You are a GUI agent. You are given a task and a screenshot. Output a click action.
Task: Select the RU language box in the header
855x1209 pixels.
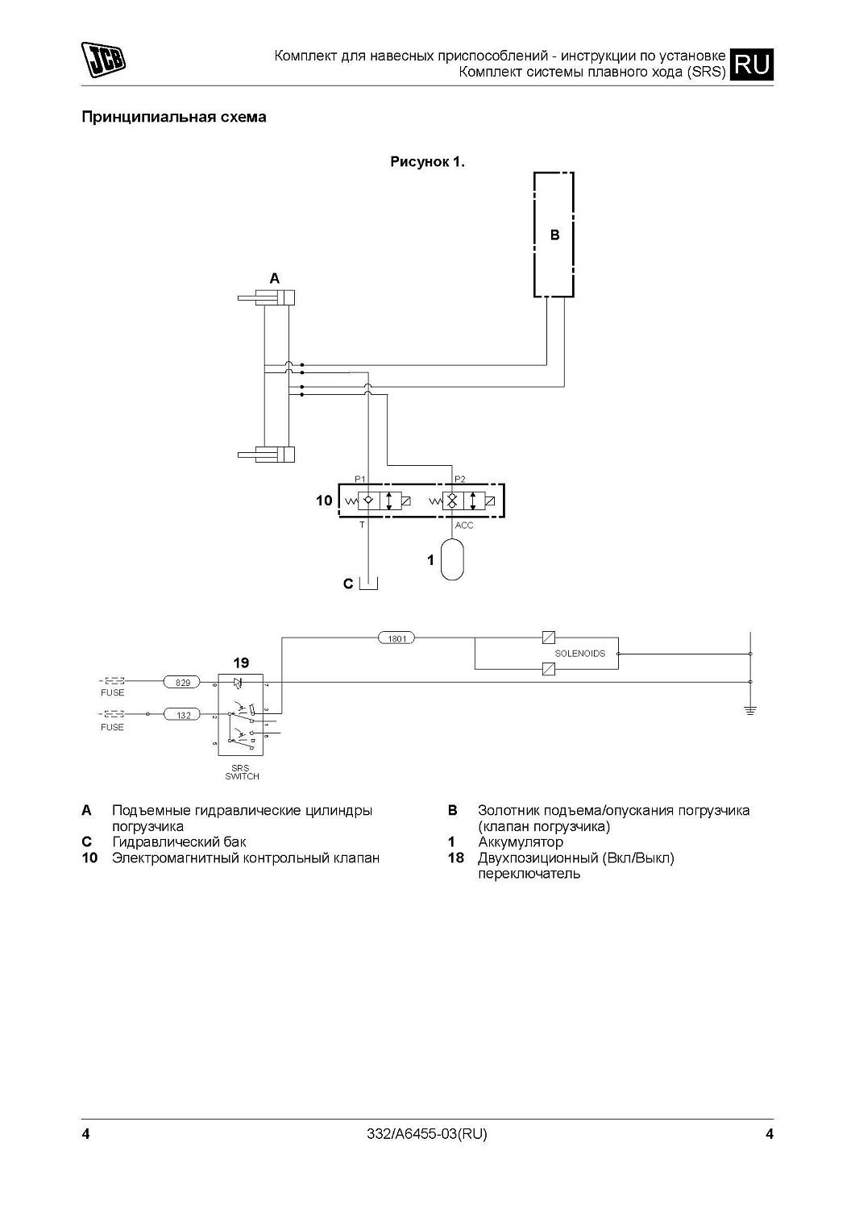[753, 64]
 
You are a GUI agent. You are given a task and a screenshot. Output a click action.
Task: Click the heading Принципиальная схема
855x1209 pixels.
[174, 118]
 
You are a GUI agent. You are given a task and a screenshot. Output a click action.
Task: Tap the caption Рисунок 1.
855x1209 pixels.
[428, 162]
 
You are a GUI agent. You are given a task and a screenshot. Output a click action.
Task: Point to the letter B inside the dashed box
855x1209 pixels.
[554, 235]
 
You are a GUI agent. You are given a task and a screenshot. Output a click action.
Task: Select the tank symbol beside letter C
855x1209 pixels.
[369, 583]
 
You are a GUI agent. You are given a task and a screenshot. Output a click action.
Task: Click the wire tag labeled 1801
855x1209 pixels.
[396, 638]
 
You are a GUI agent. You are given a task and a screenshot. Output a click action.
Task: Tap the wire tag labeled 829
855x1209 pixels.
[183, 683]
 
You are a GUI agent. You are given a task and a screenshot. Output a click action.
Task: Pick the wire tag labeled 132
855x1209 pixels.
[183, 715]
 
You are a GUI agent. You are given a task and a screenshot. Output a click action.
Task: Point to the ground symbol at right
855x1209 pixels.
[750, 709]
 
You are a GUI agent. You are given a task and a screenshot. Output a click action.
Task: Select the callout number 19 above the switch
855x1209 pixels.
[241, 663]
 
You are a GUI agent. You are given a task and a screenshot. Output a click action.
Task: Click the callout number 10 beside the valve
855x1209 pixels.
[323, 501]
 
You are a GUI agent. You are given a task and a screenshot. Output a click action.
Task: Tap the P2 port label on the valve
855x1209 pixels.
[460, 479]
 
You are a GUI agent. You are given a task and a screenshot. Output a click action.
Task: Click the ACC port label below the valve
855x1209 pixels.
[464, 526]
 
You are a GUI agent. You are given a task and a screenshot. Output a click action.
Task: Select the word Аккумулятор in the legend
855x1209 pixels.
[520, 842]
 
